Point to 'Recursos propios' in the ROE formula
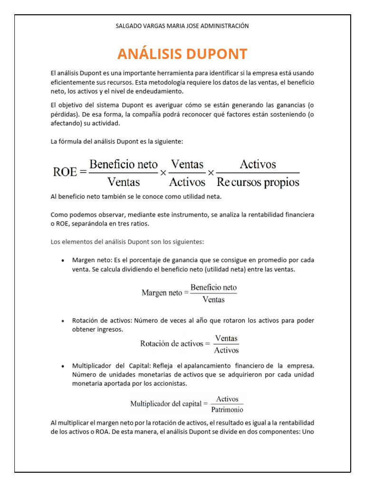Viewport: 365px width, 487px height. [258, 182]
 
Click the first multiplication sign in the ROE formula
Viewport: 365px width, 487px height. [163, 173]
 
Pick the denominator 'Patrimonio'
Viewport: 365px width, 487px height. [227, 409]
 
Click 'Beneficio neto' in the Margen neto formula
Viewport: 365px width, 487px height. [213, 288]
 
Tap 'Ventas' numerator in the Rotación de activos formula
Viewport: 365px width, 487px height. [226, 339]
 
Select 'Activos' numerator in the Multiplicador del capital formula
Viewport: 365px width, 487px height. [227, 399]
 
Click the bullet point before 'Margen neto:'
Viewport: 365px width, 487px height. [63, 261]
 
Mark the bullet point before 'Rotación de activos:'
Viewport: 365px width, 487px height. [63, 321]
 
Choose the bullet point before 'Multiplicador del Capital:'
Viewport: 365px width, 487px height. [63, 366]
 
